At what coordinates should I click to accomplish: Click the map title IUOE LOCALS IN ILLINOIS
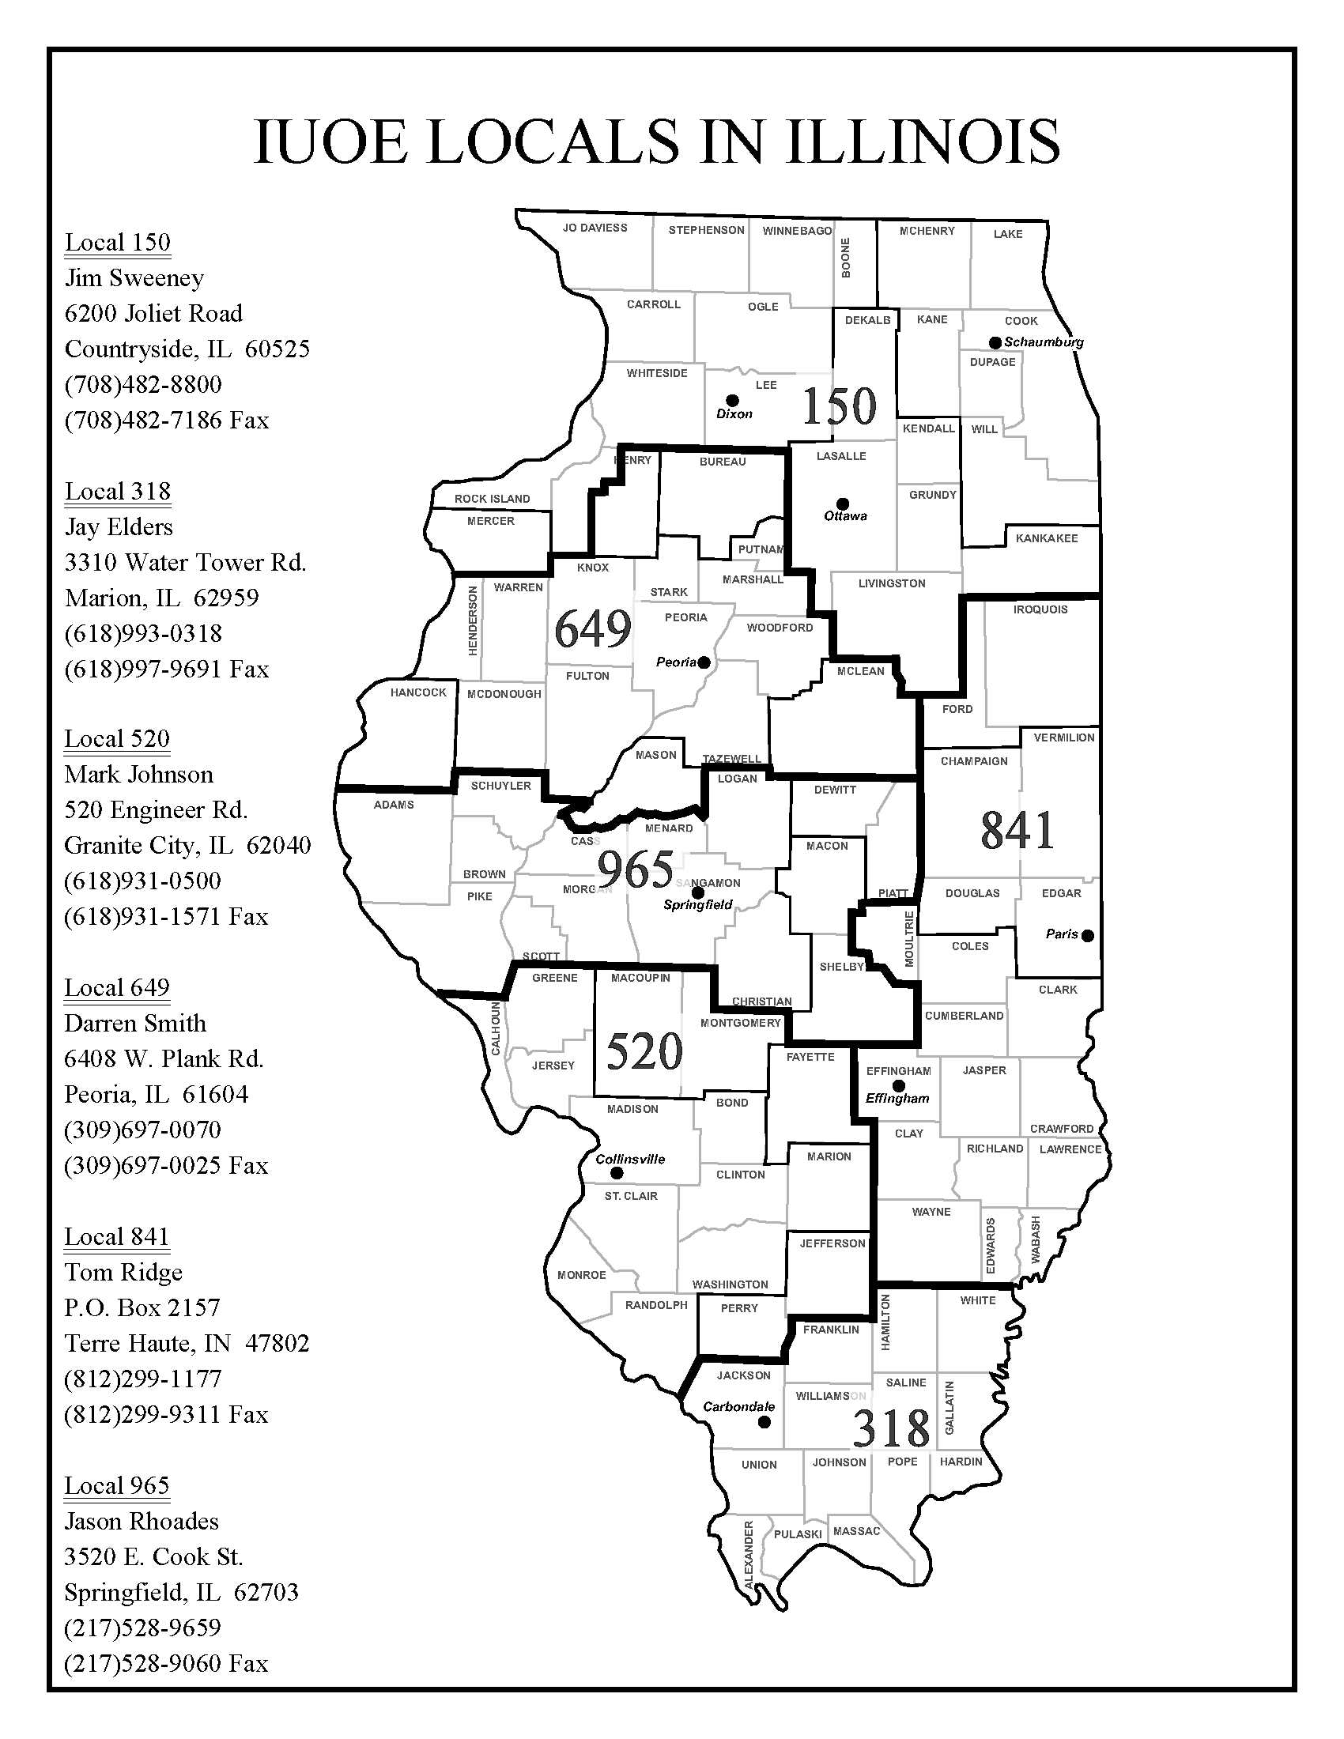[656, 141]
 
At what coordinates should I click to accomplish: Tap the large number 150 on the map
[839, 406]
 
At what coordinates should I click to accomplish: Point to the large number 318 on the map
[891, 1428]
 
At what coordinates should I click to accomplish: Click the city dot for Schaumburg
[995, 342]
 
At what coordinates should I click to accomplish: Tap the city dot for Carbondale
[764, 1421]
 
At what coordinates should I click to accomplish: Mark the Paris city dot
[1088, 936]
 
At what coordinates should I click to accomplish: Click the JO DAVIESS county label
[595, 228]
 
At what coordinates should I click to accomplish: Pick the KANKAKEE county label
[1046, 538]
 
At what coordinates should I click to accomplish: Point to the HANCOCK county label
[418, 692]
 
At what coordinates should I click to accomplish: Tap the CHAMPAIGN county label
[974, 761]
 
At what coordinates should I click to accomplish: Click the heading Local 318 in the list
[117, 492]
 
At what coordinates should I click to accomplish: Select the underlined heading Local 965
[117, 1486]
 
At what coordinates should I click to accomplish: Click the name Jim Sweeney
[134, 278]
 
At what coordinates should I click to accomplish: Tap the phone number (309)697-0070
[142, 1130]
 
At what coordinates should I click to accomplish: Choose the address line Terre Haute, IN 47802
[187, 1343]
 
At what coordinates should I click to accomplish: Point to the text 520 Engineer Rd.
[156, 809]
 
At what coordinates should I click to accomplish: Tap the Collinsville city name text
[630, 1160]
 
